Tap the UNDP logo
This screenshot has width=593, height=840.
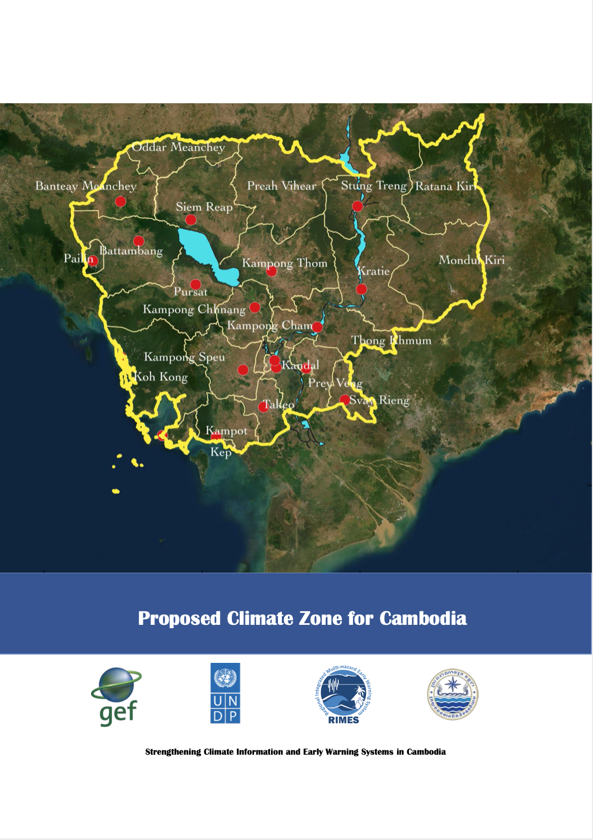225,693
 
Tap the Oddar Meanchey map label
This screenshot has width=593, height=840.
178,147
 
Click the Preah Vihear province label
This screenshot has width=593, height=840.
281,186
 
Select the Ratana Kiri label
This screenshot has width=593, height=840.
445,186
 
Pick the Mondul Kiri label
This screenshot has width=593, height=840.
471,260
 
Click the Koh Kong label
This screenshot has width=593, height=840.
161,377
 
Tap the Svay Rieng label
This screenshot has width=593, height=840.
379,400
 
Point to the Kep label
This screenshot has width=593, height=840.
220,452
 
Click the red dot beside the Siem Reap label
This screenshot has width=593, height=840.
191,220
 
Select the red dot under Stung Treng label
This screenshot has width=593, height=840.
357,206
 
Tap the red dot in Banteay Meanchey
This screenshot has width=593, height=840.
121,202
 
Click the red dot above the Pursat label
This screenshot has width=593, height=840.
195,284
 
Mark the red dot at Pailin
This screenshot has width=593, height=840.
93,260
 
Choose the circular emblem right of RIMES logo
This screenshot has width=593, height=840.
452,694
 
